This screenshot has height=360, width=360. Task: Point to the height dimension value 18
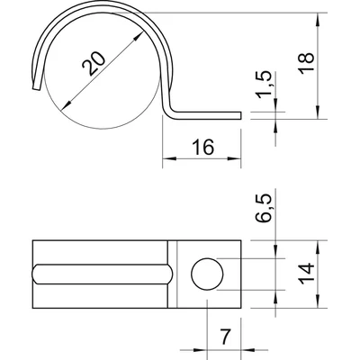click(x=336, y=64)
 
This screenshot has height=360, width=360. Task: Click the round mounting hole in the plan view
click(x=208, y=274)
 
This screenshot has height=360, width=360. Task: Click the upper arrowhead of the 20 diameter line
click(x=140, y=33)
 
